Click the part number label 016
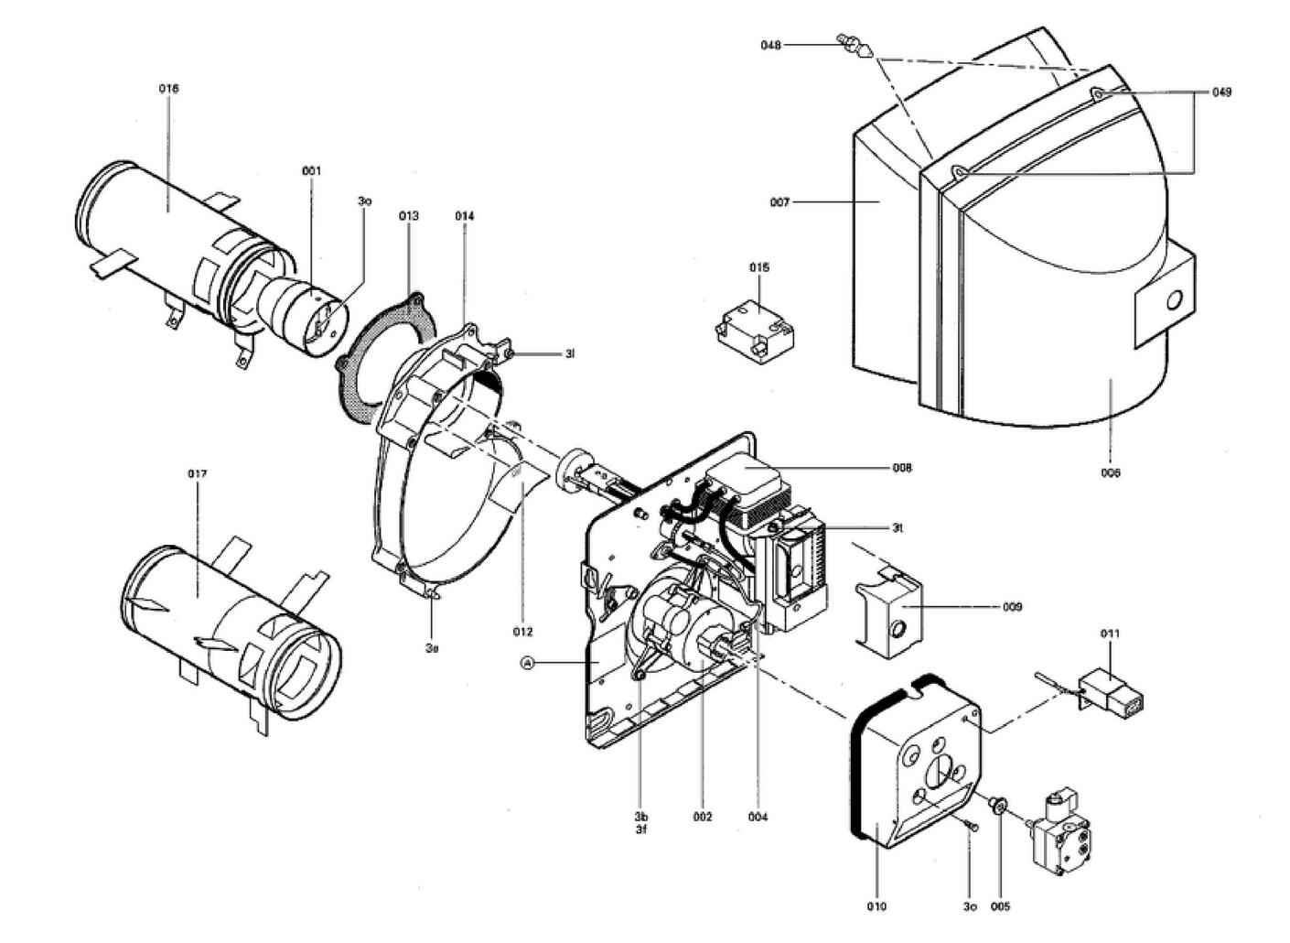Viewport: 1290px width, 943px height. (168, 89)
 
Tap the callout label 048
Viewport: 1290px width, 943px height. (771, 45)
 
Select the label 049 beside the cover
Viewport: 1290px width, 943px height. (1221, 92)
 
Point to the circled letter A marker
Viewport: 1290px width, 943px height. (527, 662)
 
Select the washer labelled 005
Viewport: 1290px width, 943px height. (1000, 805)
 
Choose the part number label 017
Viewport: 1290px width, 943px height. (198, 473)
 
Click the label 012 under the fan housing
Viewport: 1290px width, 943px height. (523, 632)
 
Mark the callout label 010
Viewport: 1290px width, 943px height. (876, 906)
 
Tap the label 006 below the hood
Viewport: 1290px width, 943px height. (1111, 473)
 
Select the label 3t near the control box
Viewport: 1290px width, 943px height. (898, 527)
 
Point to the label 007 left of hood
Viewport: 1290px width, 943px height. (779, 201)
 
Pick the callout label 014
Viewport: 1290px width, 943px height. (465, 216)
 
